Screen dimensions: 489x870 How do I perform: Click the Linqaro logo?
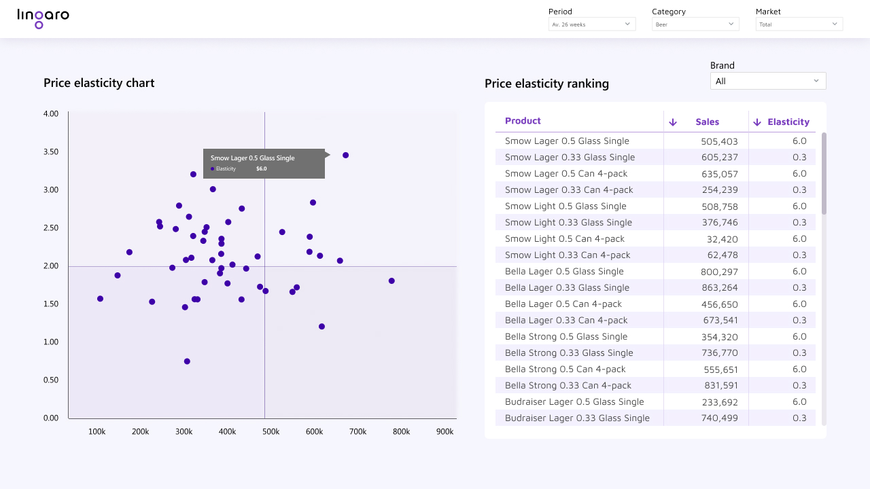pyautogui.click(x=43, y=18)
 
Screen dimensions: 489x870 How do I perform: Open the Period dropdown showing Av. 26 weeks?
pyautogui.click(x=591, y=24)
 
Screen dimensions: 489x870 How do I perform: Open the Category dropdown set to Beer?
pyautogui.click(x=695, y=24)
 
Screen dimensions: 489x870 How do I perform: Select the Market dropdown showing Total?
pyautogui.click(x=799, y=24)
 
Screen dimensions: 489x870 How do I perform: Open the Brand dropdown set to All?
pyautogui.click(x=767, y=81)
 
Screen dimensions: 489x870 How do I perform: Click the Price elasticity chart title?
pyautogui.click(x=99, y=83)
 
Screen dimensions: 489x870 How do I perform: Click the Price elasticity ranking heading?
pyautogui.click(x=546, y=84)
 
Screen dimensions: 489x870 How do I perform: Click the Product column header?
pyautogui.click(x=523, y=121)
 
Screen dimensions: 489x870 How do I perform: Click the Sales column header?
pyautogui.click(x=707, y=122)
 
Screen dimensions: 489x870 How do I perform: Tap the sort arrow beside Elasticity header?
pyautogui.click(x=757, y=122)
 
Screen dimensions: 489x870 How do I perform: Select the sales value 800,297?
pyautogui.click(x=719, y=271)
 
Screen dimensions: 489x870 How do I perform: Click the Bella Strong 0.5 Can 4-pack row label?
pyautogui.click(x=565, y=369)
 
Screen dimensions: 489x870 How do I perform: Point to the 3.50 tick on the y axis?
pyautogui.click(x=50, y=151)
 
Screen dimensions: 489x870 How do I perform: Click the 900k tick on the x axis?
pyautogui.click(x=445, y=431)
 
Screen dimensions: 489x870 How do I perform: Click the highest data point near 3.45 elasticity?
pyautogui.click(x=345, y=156)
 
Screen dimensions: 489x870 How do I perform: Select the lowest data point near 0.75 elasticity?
pyautogui.click(x=187, y=361)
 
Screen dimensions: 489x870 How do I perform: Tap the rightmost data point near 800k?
pyautogui.click(x=391, y=280)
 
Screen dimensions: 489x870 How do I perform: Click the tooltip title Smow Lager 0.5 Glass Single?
pyautogui.click(x=252, y=158)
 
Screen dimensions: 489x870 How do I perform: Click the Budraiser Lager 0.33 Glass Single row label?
pyautogui.click(x=577, y=418)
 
